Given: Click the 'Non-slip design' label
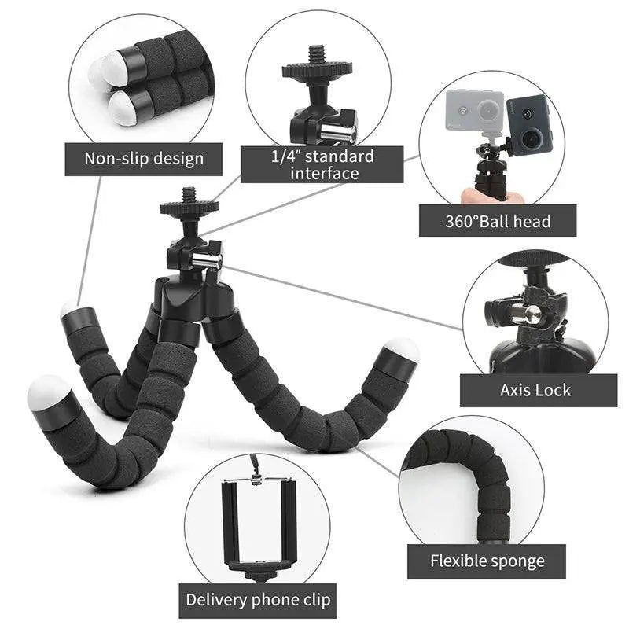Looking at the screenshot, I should (x=144, y=159).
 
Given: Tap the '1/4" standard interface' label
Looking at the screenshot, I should (x=322, y=164).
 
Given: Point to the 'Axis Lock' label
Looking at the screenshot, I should (x=535, y=389).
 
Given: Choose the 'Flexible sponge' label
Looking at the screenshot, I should (x=487, y=561).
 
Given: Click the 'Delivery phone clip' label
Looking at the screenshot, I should (x=258, y=600).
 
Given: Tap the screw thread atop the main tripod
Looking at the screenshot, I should (x=189, y=194).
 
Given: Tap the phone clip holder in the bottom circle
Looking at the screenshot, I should (x=259, y=523).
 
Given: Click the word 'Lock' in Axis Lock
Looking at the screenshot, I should (x=554, y=389).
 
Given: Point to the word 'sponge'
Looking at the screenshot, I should (x=515, y=562).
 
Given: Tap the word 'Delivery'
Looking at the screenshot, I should (x=216, y=600).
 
